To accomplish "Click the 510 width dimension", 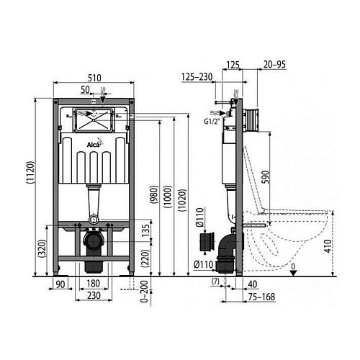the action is pos(94,78).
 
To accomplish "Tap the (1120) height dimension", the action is pos(31,173).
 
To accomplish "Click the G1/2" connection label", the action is pos(212,122).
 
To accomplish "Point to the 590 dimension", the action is pos(266,177).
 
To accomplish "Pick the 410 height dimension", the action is pos(328,246).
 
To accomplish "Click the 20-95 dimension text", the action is pos(274,65).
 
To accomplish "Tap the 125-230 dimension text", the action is pos(197,77).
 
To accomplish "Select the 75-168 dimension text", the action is pos(261,297).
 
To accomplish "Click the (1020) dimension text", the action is pos(182,200).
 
